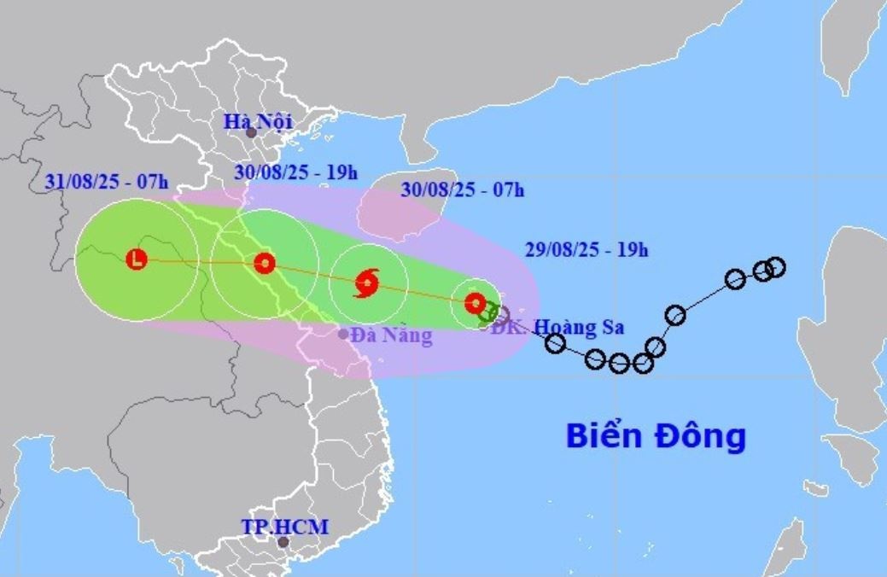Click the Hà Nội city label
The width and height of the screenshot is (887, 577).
click(258, 121)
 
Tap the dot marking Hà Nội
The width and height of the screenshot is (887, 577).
click(251, 133)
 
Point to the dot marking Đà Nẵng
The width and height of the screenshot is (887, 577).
click(343, 334)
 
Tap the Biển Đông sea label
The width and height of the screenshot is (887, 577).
click(656, 436)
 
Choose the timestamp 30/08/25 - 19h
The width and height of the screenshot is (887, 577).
click(295, 172)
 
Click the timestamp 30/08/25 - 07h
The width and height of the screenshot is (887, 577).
click(462, 189)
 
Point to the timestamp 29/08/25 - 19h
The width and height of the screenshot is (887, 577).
click(586, 250)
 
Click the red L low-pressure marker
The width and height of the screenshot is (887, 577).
click(137, 259)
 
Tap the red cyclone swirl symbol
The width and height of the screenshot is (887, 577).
click(367, 283)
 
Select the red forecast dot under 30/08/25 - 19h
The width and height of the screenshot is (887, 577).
click(265, 263)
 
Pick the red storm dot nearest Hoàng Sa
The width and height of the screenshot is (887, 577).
click(475, 302)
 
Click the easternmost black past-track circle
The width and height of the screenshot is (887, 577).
click(775, 267)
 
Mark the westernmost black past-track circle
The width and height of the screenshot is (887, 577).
click(555, 343)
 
